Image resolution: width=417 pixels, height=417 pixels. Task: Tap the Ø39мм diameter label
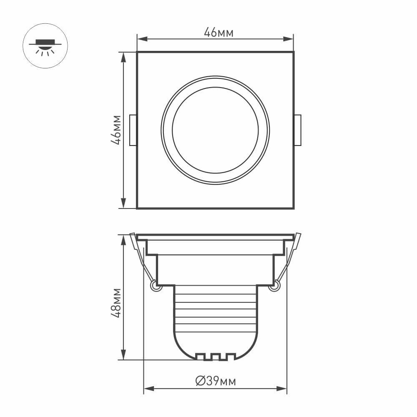pyautogui.click(x=215, y=381)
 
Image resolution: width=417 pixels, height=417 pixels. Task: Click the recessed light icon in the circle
pyautogui.click(x=45, y=46)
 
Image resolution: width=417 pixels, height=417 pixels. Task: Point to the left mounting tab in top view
pyautogui.click(x=133, y=130)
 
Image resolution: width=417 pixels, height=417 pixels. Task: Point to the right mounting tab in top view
pyautogui.click(x=298, y=130)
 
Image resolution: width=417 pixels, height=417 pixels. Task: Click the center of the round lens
pyautogui.click(x=215, y=130)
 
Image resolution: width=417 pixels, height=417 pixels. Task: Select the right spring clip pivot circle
pyautogui.click(x=274, y=286)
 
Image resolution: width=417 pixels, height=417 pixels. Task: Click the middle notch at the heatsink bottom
pyautogui.click(x=215, y=357)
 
